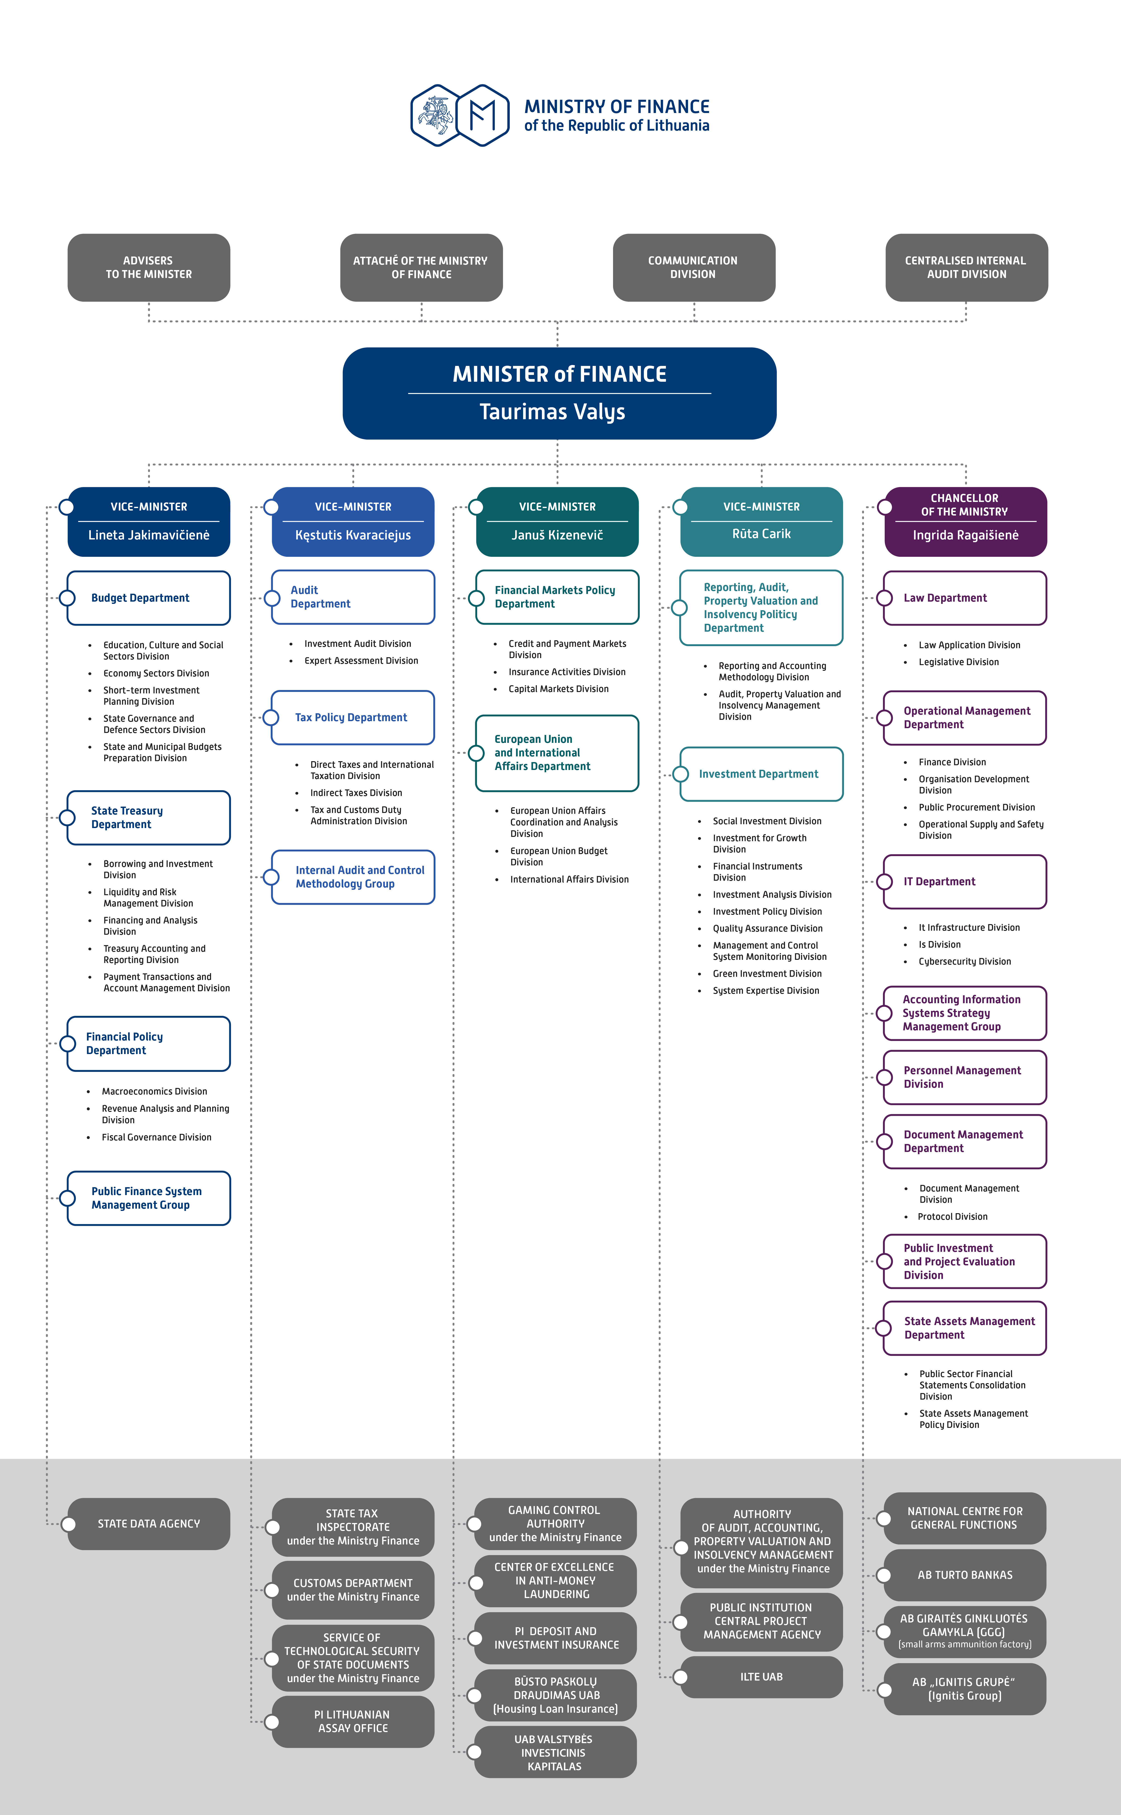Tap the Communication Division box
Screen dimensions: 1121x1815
694,268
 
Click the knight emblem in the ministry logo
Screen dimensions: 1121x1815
437,115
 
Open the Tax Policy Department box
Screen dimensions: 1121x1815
353,718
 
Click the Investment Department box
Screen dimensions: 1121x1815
761,774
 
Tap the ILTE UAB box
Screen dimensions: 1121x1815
761,1677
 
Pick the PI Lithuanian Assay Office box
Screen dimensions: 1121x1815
353,1722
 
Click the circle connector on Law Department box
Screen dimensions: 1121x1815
884,598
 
